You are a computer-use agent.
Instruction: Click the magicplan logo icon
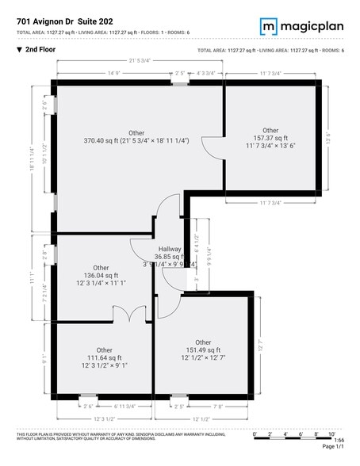pyautogui.click(x=270, y=27)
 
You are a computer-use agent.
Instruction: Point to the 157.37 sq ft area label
pyautogui.click(x=270, y=139)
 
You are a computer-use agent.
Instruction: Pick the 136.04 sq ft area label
pyautogui.click(x=101, y=276)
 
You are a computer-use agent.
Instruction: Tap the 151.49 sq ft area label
pyautogui.click(x=203, y=350)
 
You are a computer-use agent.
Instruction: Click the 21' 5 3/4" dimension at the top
pyautogui.click(x=139, y=61)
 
